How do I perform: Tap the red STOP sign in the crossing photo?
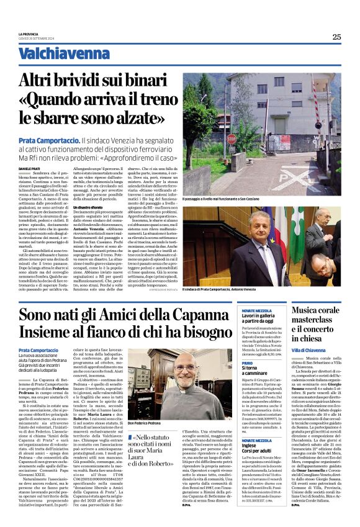[231, 139]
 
